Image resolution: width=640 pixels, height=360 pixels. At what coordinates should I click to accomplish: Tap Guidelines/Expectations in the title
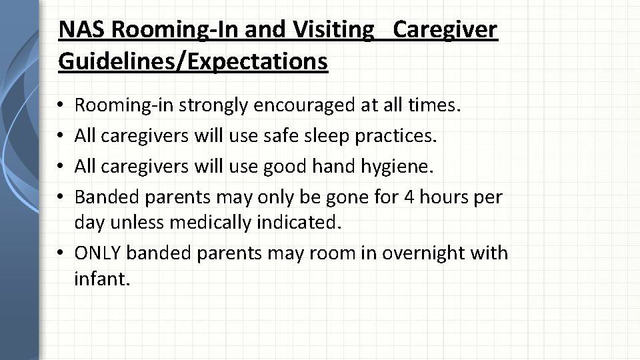point(193,61)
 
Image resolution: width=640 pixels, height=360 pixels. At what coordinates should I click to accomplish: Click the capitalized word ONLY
point(99,253)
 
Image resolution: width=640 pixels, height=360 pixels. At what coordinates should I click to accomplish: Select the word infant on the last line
point(101,279)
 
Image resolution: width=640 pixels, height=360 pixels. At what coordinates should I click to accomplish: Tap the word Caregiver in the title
point(445,29)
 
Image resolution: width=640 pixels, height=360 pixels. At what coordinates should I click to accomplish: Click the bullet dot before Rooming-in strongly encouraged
point(61,106)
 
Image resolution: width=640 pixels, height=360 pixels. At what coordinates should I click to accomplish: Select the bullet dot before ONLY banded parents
point(61,254)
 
